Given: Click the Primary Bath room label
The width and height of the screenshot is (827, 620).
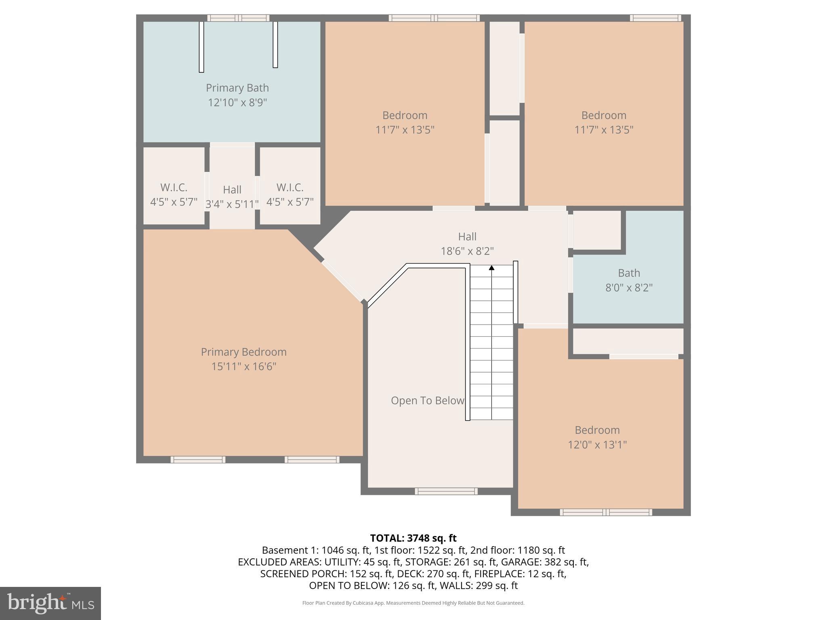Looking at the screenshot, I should click(237, 88).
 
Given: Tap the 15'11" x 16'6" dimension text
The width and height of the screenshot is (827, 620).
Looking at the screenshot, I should click(243, 367).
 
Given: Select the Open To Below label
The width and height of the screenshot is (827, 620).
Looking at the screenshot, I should click(427, 401).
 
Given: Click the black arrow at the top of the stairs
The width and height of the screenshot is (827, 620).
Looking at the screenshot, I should click(491, 268).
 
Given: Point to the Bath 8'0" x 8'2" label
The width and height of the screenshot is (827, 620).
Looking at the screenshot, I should click(629, 281).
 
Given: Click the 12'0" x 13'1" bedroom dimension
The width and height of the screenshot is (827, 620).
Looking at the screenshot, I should click(597, 445).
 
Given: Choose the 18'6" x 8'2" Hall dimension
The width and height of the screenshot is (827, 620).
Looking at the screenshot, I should click(467, 251).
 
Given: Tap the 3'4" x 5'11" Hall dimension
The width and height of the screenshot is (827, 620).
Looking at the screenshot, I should click(232, 204).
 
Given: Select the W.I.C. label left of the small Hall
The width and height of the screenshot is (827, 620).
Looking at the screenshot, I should click(174, 188).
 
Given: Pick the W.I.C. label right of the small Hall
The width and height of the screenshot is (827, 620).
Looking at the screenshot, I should click(290, 188).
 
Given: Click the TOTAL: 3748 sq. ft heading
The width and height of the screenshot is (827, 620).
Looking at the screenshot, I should click(413, 538).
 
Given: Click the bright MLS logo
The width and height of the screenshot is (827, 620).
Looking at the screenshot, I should click(50, 603).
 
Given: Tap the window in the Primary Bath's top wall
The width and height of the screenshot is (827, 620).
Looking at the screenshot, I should click(238, 18).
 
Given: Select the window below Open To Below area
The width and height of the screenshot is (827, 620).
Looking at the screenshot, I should click(446, 491).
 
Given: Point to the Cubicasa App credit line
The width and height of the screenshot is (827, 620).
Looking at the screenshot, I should click(413, 603).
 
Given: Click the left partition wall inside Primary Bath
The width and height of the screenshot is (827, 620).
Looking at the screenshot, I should click(201, 47).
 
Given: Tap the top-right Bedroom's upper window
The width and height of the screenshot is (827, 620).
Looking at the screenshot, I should click(655, 18).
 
